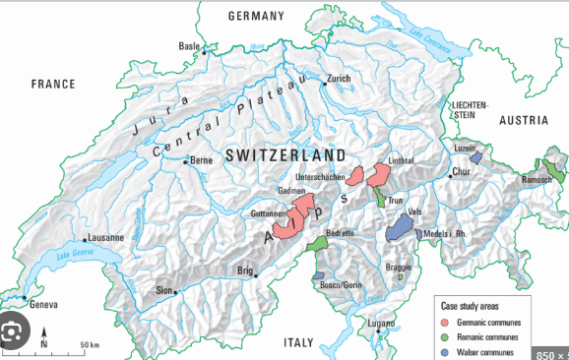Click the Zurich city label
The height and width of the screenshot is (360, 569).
click(x=339, y=78)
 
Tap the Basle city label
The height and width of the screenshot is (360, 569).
click(x=188, y=46)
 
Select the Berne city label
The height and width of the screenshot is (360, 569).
click(x=201, y=159)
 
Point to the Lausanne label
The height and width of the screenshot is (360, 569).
click(x=106, y=237)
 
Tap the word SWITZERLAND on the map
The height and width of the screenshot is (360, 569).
click(x=285, y=155)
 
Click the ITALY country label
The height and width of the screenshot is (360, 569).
click(x=297, y=341)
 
